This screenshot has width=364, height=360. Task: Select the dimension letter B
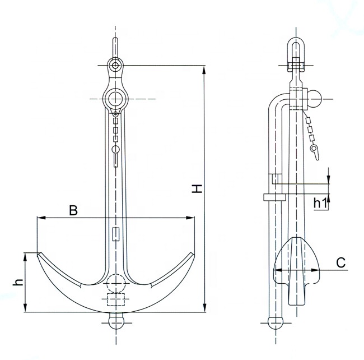[x=73, y=210]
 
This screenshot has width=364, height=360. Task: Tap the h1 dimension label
[x=320, y=203]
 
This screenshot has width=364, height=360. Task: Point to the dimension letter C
[x=340, y=262]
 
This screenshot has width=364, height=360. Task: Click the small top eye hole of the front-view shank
[x=115, y=66]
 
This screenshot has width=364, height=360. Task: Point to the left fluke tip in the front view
[x=38, y=255]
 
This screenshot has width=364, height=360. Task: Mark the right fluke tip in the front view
[x=193, y=255]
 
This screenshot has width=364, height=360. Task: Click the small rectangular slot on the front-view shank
[x=115, y=234]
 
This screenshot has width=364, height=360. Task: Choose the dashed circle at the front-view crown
[x=115, y=282]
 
